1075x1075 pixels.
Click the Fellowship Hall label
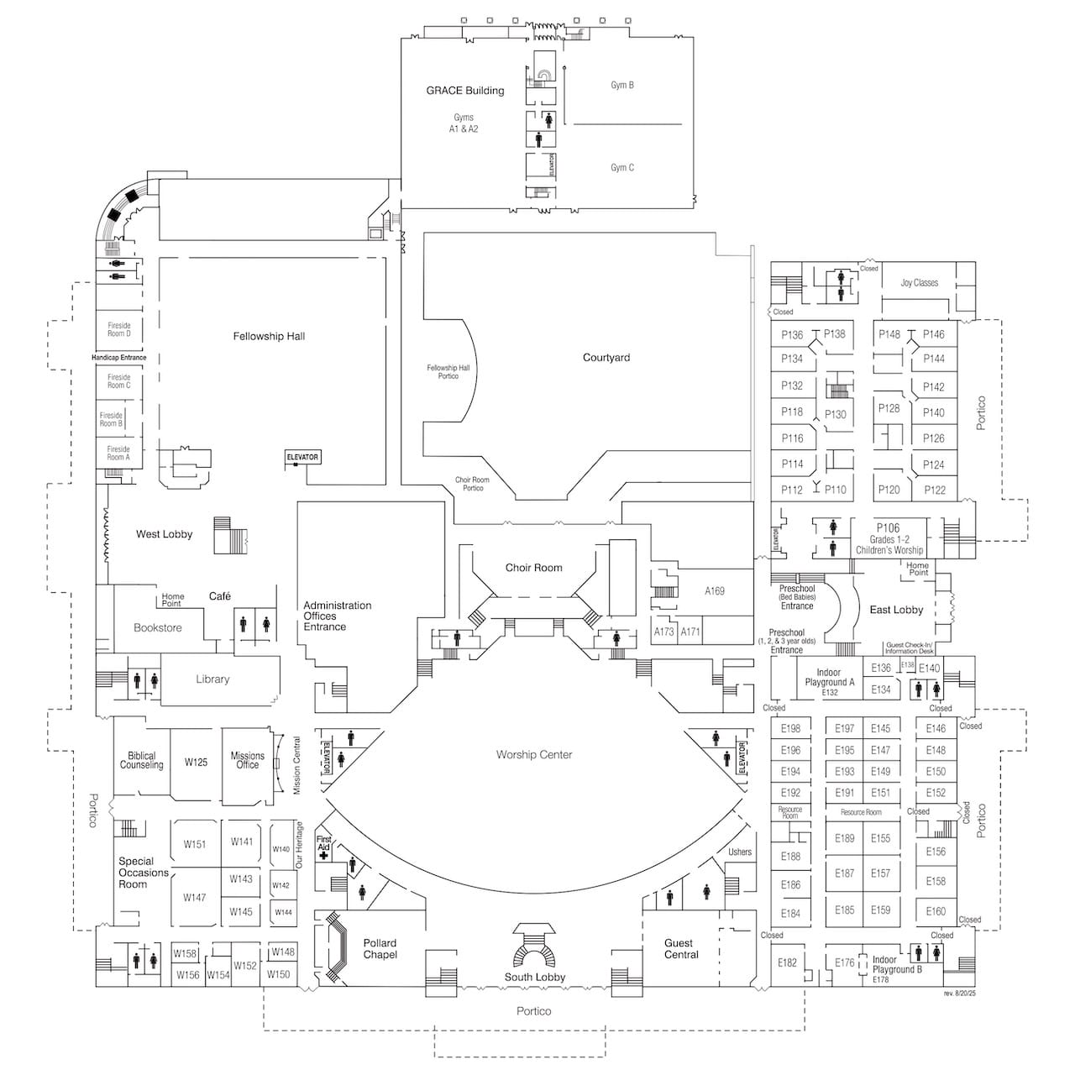click(269, 337)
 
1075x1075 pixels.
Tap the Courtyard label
click(606, 358)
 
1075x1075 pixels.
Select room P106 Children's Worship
click(889, 538)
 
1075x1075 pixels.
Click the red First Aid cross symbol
click(323, 855)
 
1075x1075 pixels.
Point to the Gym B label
click(622, 85)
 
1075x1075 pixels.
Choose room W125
click(196, 763)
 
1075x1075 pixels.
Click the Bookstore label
click(157, 627)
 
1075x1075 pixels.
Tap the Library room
click(212, 679)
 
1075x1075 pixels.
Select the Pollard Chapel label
click(380, 949)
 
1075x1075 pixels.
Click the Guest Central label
click(681, 949)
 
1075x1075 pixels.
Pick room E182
click(787, 962)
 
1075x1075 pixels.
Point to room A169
click(714, 591)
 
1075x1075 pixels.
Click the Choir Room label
click(533, 568)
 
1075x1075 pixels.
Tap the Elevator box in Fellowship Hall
click(302, 457)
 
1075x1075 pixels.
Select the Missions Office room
click(247, 760)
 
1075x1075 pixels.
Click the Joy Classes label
click(920, 283)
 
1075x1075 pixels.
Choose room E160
click(936, 911)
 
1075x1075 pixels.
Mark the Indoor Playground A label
click(829, 678)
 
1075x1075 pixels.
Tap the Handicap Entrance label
click(118, 358)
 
